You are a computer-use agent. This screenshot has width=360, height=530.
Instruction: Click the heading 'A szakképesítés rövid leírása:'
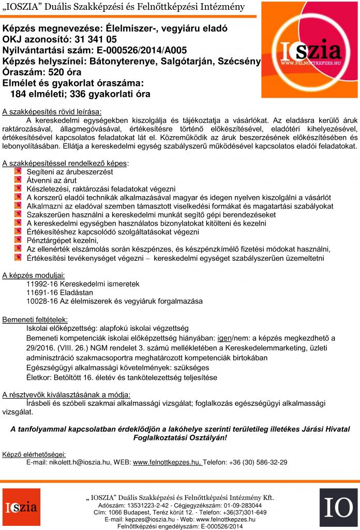(x=52, y=111)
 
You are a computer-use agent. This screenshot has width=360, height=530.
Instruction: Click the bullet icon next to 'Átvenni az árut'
(x=18, y=180)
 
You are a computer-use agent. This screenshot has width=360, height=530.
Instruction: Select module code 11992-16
(x=43, y=284)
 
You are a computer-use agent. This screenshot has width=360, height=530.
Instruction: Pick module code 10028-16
(x=43, y=301)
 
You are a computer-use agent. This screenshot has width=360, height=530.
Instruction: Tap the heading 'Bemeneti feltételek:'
(x=35, y=319)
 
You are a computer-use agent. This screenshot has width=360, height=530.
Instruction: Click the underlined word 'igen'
(x=224, y=338)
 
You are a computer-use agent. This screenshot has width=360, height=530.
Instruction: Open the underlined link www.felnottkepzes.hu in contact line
(x=167, y=462)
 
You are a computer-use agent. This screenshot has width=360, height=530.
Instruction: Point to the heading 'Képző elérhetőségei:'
(x=34, y=454)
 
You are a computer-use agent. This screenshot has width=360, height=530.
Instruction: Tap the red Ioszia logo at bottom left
(x=24, y=508)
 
